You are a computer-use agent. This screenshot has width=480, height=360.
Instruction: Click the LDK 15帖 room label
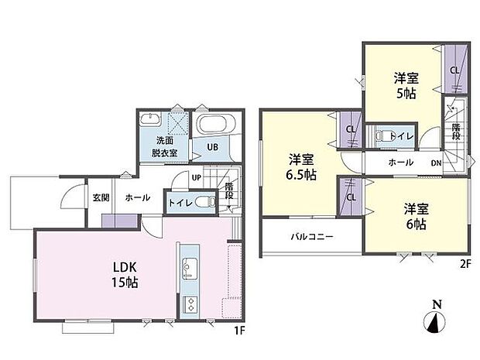[124, 276]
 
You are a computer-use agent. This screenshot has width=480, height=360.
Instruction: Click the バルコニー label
[312, 237]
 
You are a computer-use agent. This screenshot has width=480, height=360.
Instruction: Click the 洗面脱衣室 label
[165, 146]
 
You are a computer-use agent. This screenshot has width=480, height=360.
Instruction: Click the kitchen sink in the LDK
[188, 271]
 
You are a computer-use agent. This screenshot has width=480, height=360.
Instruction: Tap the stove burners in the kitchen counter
[188, 304]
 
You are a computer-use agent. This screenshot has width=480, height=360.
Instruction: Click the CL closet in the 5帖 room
[454, 70]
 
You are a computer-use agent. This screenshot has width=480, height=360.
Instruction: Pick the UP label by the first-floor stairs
[197, 178]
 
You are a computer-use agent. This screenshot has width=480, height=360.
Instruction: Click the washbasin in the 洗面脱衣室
[149, 122]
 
